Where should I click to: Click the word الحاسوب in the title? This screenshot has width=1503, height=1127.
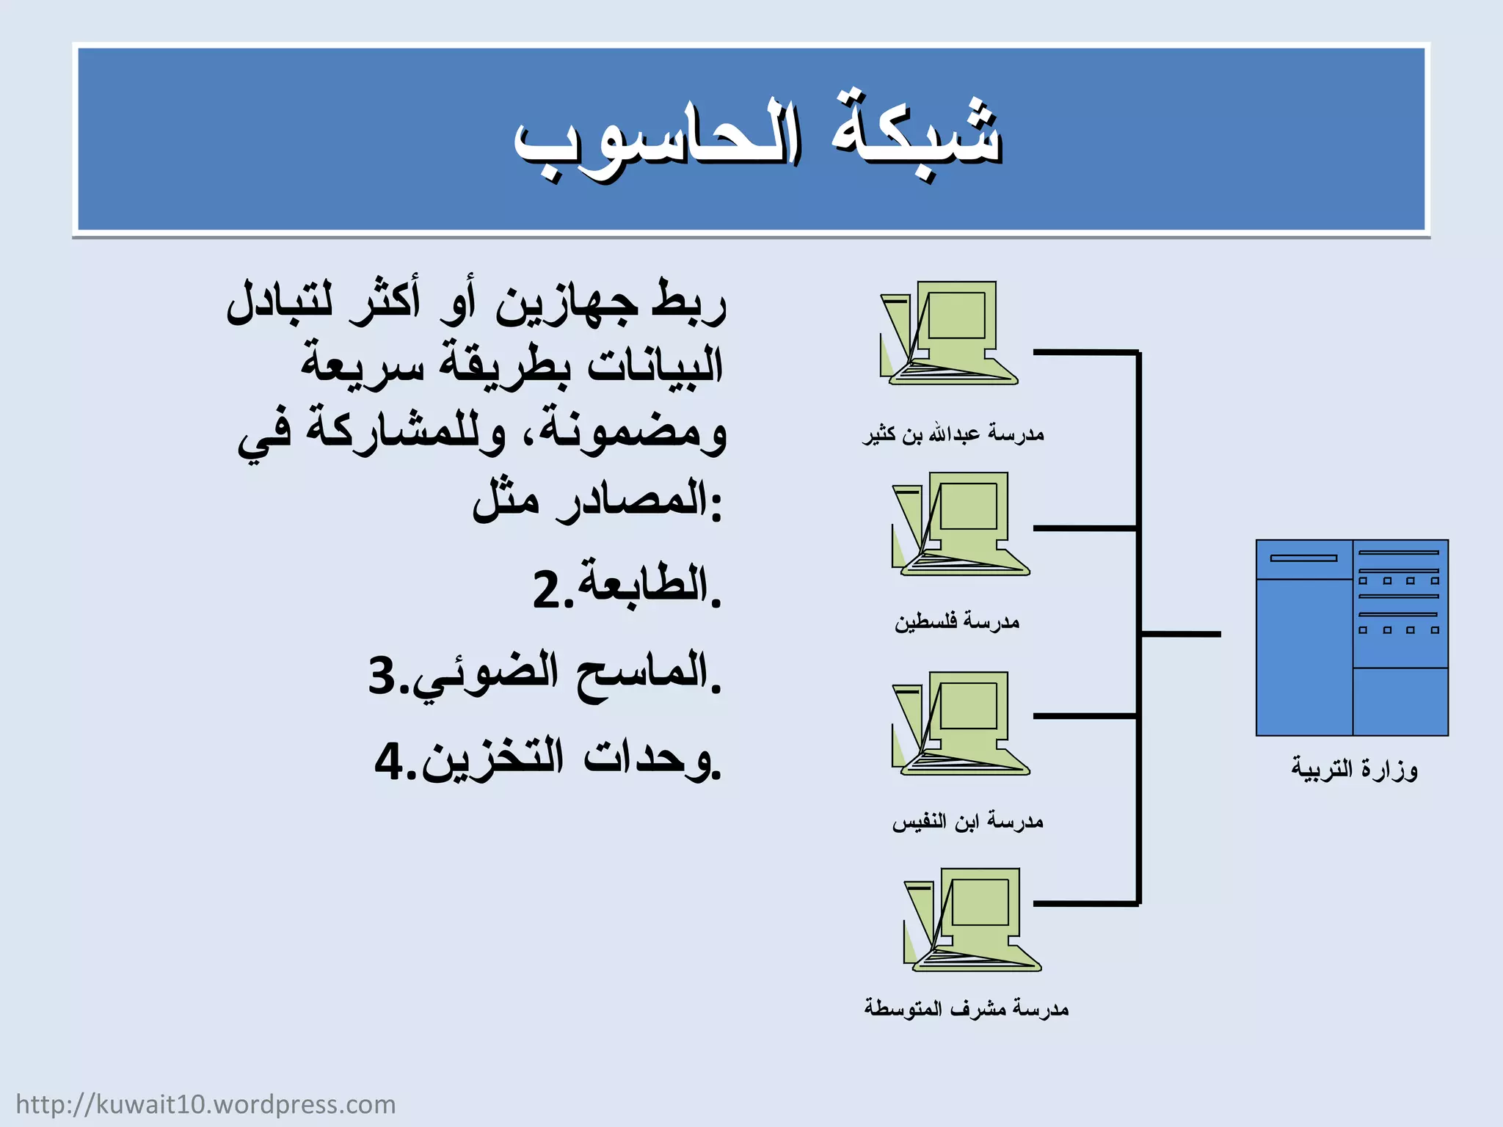click(x=657, y=139)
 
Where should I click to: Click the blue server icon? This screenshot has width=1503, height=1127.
click(x=1352, y=638)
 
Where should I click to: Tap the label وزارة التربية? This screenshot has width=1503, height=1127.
click(x=1354, y=769)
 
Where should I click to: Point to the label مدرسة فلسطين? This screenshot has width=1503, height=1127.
click(x=957, y=621)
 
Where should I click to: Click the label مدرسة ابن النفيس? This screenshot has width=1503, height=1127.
click(x=967, y=821)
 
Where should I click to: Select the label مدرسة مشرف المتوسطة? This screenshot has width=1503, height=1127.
click(x=966, y=1009)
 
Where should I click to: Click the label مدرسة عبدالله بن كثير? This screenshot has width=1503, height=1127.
click(x=953, y=434)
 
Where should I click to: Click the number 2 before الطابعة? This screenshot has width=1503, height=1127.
click(x=547, y=589)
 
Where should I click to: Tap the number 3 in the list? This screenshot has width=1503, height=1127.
click(x=382, y=675)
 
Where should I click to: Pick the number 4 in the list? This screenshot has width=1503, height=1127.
click(x=389, y=761)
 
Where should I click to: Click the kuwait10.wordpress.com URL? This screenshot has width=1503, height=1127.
click(x=205, y=1104)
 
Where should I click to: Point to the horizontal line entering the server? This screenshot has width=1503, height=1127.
click(x=1182, y=634)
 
